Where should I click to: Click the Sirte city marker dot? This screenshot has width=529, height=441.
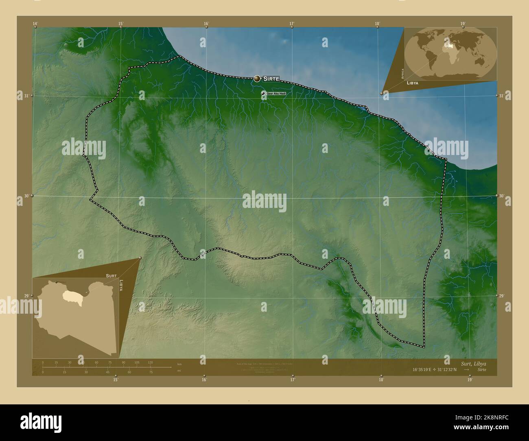point(257,79)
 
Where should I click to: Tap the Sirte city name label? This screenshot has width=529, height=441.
point(271,79)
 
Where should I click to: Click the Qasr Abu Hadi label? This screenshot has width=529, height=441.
point(276,94)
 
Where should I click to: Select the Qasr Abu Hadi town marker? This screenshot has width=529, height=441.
point(263,94)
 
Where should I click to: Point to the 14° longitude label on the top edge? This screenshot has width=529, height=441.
point(35,24)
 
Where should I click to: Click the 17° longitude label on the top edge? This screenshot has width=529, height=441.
point(292,24)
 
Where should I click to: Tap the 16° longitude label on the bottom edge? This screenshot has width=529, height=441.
point(204,380)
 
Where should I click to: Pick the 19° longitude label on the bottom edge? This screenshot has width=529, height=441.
point(470,380)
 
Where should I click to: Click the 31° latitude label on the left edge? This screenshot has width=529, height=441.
point(26,96)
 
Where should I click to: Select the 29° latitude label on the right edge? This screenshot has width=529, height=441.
point(502,297)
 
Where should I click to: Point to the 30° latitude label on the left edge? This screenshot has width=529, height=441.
point(26,196)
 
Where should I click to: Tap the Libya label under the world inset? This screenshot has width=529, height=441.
point(412,83)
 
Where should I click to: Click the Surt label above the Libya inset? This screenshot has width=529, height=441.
point(111,275)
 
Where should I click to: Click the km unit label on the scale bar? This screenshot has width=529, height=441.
point(179,362)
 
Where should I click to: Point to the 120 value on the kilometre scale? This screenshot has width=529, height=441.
point(150,362)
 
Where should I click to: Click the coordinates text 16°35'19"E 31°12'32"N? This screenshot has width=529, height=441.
point(435,370)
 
